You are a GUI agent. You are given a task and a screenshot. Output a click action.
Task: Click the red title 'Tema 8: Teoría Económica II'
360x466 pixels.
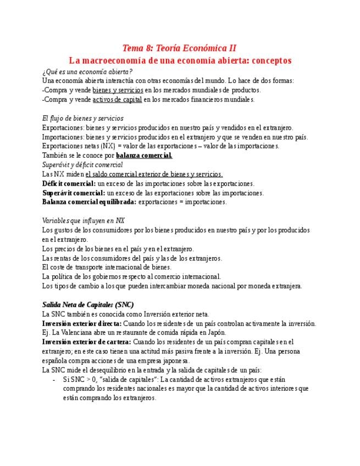[180, 48]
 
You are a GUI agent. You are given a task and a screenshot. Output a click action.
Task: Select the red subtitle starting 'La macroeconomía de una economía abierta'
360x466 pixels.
[180, 60]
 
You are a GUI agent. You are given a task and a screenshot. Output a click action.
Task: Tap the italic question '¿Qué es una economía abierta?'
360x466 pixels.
[87, 71]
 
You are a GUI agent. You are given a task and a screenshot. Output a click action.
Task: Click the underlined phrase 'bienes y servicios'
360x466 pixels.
[118, 90]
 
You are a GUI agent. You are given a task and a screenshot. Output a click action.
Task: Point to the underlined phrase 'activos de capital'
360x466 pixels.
[117, 99]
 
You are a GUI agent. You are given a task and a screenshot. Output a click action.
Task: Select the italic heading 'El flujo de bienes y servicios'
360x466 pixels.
[83, 118]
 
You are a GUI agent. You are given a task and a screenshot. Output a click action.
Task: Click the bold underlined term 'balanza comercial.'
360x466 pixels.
[144, 156]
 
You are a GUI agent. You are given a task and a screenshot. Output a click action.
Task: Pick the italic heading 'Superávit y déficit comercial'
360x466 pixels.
[82, 165]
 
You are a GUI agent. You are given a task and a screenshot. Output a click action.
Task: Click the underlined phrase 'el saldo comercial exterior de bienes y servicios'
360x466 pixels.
[154, 174]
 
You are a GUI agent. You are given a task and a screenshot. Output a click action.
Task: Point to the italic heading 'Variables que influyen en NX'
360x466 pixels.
[84, 221]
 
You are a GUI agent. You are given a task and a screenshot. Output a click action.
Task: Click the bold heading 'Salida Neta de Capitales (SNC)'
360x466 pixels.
[88, 304]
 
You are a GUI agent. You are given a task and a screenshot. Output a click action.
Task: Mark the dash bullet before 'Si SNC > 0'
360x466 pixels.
[54, 379]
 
